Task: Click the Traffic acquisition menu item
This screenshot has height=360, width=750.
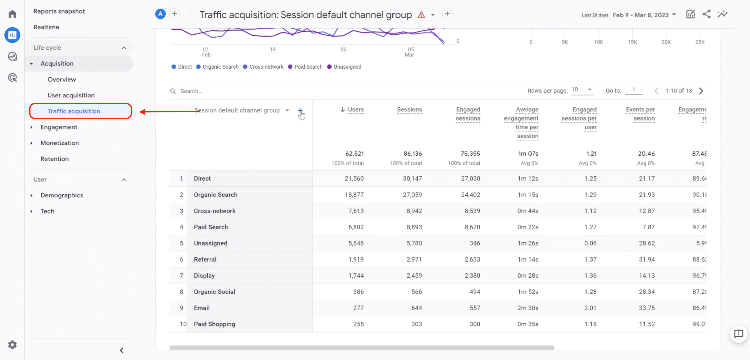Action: click(74, 111)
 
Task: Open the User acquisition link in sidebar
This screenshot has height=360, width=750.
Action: click(71, 95)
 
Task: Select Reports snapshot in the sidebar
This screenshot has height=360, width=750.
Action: click(59, 11)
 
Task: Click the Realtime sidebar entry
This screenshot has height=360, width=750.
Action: click(46, 27)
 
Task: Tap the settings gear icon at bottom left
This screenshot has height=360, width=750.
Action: click(12, 345)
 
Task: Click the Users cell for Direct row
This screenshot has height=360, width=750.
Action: click(354, 178)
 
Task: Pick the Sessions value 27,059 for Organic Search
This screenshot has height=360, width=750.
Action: click(412, 195)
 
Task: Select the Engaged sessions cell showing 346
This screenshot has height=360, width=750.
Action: click(475, 243)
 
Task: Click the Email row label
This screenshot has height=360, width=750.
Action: click(202, 308)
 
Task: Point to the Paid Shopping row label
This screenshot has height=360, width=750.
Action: click(215, 324)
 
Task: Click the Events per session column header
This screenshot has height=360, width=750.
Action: click(640, 114)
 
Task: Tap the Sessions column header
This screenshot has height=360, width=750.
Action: click(409, 110)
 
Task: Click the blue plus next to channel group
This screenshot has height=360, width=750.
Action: click(300, 110)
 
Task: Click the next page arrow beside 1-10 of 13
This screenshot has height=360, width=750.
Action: click(701, 91)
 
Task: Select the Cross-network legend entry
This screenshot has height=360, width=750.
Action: click(266, 67)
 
